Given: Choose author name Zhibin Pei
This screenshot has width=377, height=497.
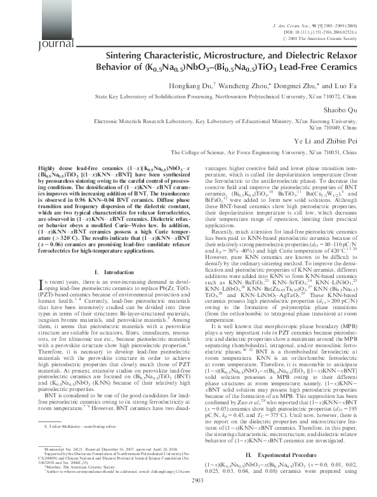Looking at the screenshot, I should (x=346, y=140).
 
